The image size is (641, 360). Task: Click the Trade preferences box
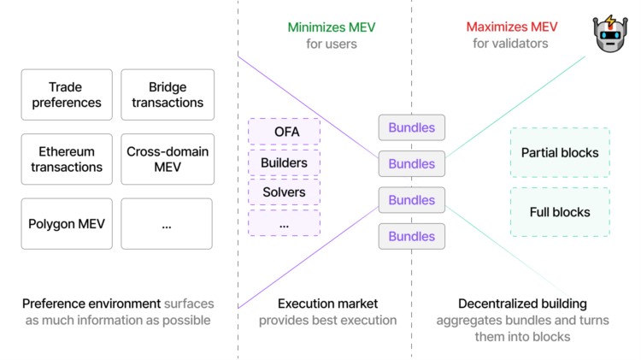tap(67, 95)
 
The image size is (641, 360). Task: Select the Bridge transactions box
tap(167, 95)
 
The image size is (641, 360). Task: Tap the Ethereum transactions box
tap(67, 159)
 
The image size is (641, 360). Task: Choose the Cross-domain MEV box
tap(167, 159)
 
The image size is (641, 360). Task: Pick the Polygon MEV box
tap(67, 224)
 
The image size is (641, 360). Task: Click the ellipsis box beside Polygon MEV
tap(167, 224)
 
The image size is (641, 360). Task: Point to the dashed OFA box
tap(284, 132)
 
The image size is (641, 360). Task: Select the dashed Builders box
tap(284, 162)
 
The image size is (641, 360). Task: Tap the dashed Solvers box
tap(284, 192)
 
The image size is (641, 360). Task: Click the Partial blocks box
tap(560, 153)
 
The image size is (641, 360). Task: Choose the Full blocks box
tap(560, 212)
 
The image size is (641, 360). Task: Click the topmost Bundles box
tap(412, 127)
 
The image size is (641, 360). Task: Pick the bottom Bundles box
tap(412, 236)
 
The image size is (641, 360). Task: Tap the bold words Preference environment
tap(91, 304)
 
